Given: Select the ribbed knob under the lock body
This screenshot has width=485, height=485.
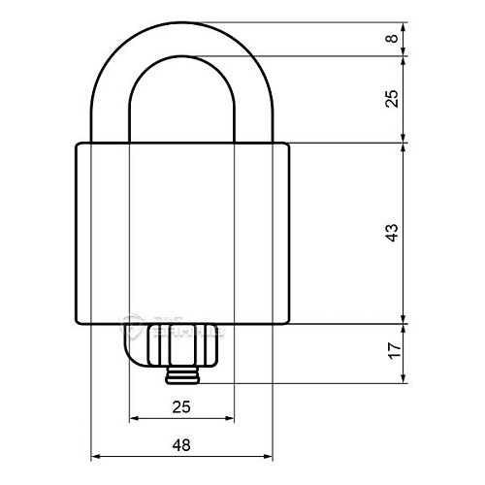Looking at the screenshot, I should pos(181,344).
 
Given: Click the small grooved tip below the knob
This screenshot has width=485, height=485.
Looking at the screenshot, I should pos(181,374).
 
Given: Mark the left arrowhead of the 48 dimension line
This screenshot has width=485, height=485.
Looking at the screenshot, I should pos(95,456).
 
